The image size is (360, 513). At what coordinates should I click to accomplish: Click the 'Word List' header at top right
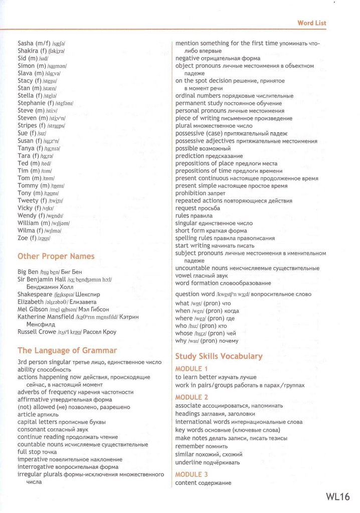312,23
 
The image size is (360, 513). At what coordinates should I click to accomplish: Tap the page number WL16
337,496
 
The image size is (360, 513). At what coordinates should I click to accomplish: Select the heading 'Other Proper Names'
56,256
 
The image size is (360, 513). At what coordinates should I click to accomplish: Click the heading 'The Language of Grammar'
67,351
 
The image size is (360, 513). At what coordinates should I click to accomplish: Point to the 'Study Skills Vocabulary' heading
219,356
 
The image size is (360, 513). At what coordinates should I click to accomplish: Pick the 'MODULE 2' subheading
192,397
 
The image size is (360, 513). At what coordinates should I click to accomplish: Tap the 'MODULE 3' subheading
192,474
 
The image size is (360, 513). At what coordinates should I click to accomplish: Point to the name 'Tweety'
28,200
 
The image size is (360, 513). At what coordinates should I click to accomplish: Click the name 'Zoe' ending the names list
23,238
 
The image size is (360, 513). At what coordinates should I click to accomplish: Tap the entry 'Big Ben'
28,272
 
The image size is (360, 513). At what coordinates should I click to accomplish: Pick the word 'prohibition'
191,193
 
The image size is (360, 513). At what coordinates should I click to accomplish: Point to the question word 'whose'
184,333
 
